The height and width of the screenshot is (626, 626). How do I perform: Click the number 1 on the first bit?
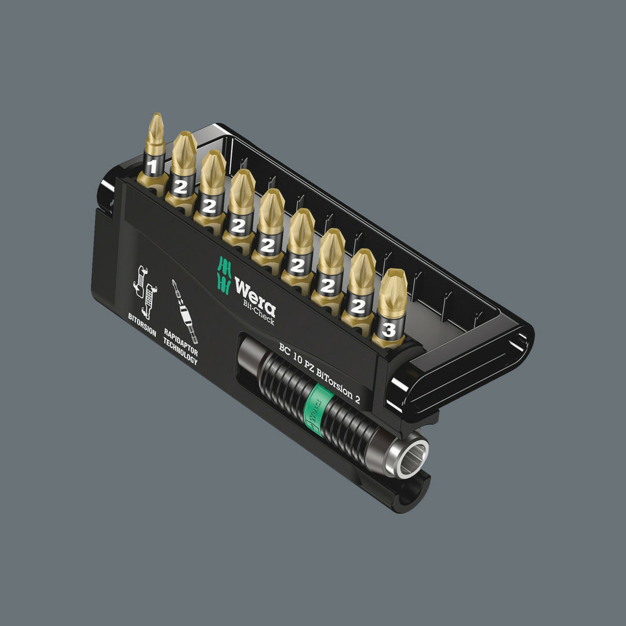point(153,168)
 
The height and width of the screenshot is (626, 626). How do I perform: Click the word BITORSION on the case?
point(142,325)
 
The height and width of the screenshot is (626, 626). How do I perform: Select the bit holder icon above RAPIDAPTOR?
point(184,310)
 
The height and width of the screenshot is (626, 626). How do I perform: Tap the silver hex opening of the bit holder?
point(412,456)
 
